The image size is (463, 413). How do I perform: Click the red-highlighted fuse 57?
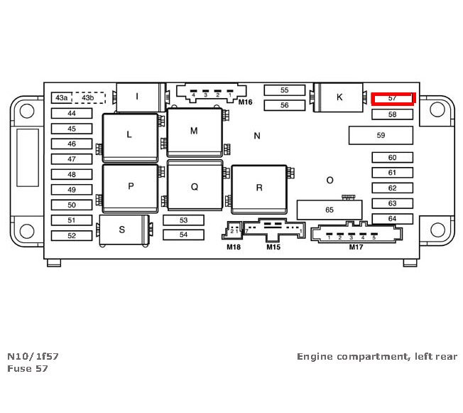coord(393,97)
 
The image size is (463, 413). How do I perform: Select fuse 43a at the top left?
coord(62,97)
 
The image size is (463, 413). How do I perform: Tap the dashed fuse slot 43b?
coord(88,97)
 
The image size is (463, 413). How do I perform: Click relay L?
coord(129,134)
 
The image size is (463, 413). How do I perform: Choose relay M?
coord(194,132)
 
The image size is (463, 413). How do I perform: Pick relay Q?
coord(194,187)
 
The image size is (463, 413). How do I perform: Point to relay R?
coord(259,188)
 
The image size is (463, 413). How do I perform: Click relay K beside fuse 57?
coord(339,97)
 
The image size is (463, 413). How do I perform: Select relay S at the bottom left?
coord(122,230)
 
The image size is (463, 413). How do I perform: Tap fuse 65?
coord(329,210)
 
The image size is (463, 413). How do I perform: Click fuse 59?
coord(381,135)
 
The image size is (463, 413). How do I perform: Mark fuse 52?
coord(72,235)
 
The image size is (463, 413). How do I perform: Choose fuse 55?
coord(284,90)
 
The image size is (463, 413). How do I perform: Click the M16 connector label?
coord(245,102)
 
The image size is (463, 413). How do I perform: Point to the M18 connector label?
coord(234,247)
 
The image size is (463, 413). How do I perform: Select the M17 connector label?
coord(355,247)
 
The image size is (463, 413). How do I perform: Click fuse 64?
coord(392,218)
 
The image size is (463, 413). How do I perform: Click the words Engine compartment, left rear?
coord(376,356)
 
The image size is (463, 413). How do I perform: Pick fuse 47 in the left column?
coord(72,159)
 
